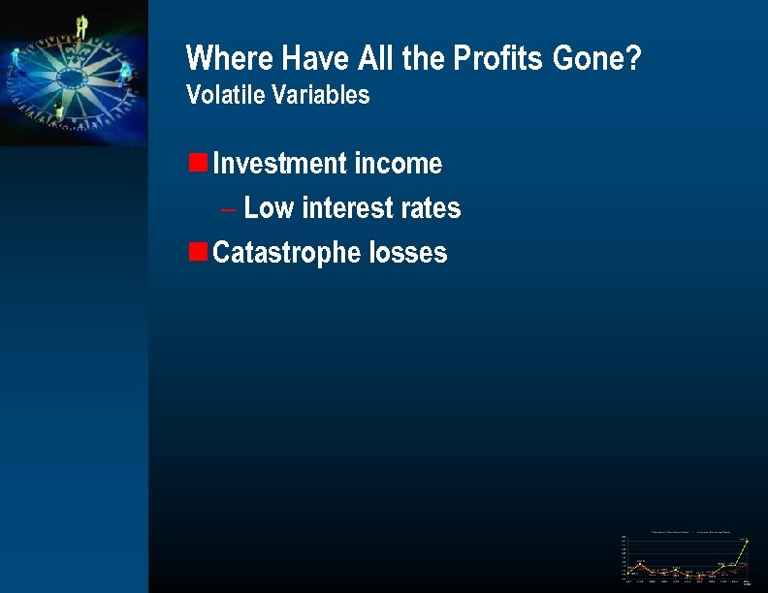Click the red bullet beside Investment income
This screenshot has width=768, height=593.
pos(198,162)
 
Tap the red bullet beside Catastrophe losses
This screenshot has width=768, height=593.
pos(198,251)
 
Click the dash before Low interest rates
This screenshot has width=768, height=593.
pos(228,209)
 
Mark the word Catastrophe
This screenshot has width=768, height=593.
pos(287,254)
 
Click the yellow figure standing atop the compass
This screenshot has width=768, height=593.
pos(81,25)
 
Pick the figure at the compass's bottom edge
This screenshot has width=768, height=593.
pos(59,114)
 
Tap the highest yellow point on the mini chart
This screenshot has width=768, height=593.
pos(747,541)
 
